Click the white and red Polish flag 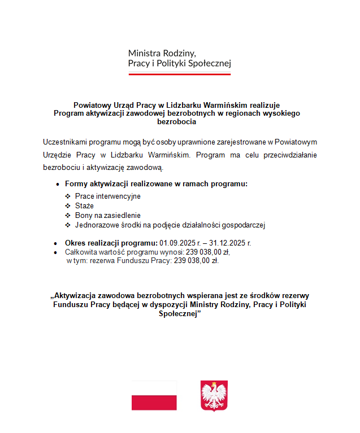coord(154,395)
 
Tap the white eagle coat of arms coord(214,395)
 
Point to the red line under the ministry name coord(179,74)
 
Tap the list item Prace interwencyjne coord(107,196)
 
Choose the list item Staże coord(84,205)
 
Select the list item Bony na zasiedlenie coord(107,215)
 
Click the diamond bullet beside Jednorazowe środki coord(68,225)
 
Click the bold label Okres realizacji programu coord(111,243)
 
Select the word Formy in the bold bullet coord(76,183)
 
